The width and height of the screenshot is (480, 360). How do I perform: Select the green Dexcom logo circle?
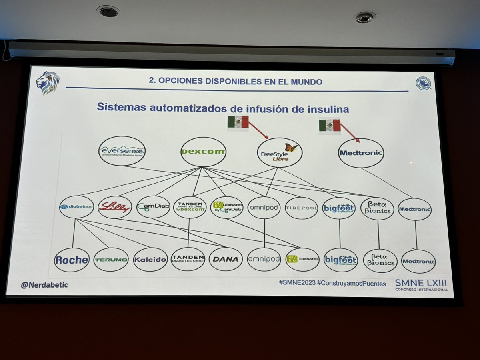203,152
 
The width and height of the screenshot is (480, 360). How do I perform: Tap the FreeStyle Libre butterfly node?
280,152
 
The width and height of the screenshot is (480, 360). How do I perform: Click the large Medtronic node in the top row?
361,153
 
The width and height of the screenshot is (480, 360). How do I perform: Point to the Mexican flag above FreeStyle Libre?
238,122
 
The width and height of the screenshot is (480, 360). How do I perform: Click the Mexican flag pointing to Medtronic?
330,125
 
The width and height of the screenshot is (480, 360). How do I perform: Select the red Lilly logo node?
115,207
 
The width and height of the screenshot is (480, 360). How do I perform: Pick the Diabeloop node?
76,207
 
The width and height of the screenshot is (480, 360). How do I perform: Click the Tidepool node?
302,208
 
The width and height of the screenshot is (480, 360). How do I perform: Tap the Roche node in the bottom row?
72,260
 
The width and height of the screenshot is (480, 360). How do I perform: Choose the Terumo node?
111,260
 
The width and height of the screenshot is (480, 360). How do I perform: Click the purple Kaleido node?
150,260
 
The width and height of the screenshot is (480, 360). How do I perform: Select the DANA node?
226,259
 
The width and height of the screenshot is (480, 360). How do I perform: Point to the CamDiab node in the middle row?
153,207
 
